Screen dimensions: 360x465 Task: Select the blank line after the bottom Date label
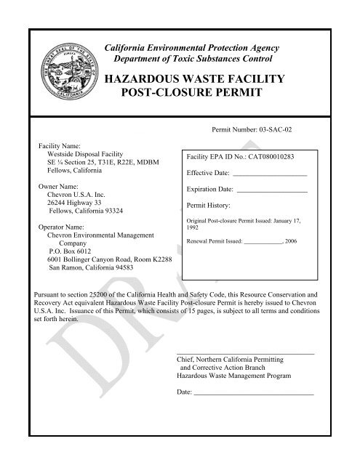coord(253,392)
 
